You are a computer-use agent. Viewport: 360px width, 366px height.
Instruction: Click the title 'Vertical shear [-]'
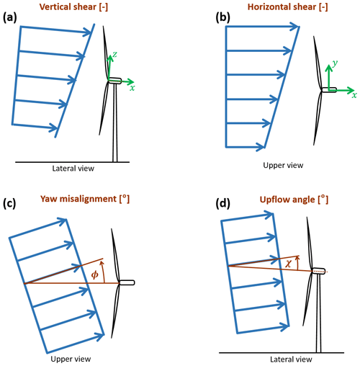click(x=73, y=6)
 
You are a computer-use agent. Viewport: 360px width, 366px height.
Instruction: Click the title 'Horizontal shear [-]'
click(x=288, y=6)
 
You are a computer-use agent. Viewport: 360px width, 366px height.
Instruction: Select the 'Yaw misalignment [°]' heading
click(x=85, y=199)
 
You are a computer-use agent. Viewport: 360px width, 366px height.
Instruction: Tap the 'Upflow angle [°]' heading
click(x=294, y=200)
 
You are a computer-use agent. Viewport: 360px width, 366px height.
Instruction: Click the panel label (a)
click(x=10, y=18)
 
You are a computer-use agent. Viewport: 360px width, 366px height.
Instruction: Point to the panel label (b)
click(x=223, y=18)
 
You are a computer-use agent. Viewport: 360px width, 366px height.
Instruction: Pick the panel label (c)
click(x=9, y=204)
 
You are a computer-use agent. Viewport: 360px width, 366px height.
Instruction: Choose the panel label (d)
click(x=223, y=204)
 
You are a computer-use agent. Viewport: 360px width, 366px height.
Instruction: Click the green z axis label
click(x=115, y=55)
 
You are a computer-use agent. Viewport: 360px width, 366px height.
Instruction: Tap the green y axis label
click(x=335, y=63)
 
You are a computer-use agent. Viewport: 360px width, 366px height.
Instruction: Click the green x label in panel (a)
click(x=132, y=88)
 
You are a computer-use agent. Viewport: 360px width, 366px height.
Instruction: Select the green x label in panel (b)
click(x=354, y=95)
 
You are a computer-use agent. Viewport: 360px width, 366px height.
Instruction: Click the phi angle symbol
click(x=95, y=274)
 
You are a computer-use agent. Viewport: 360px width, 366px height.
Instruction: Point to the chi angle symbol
click(x=288, y=264)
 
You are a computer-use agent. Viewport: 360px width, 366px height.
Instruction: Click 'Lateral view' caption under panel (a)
click(x=73, y=169)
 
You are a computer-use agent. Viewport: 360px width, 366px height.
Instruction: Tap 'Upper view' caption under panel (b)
click(x=283, y=166)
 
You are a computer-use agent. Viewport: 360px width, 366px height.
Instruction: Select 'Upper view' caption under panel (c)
click(x=71, y=359)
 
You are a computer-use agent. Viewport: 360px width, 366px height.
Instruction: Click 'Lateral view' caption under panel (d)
click(x=291, y=360)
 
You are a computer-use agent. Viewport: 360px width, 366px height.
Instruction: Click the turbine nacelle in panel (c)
click(x=127, y=282)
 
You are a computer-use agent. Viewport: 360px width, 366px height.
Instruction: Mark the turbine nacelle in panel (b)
click(x=329, y=90)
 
